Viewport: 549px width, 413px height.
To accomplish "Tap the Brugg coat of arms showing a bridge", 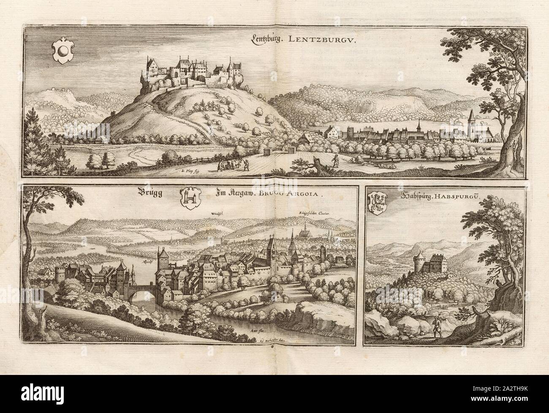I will (189, 197).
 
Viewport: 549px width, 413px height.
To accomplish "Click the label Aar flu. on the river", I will (253, 327).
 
